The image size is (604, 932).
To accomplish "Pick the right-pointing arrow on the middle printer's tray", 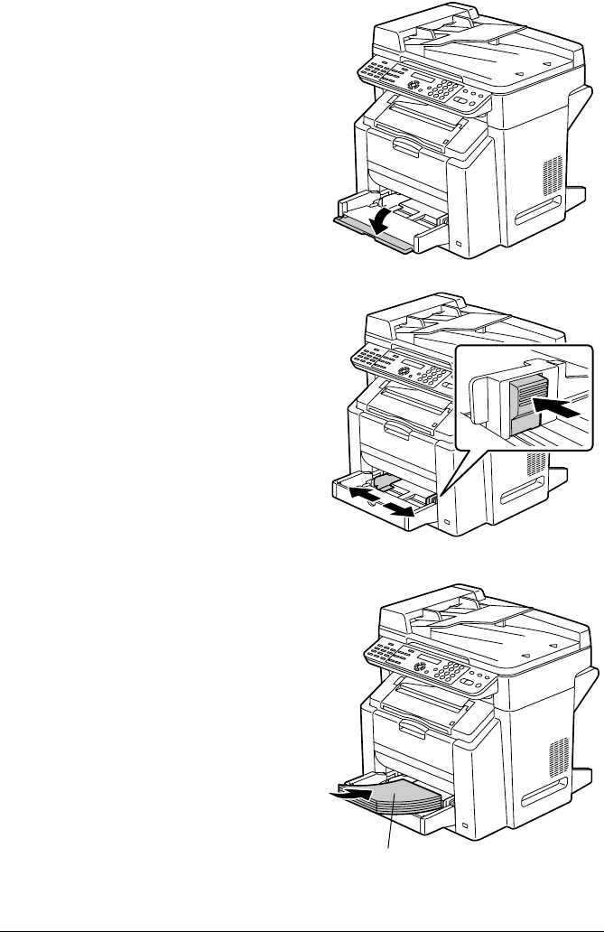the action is (x=403, y=510).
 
